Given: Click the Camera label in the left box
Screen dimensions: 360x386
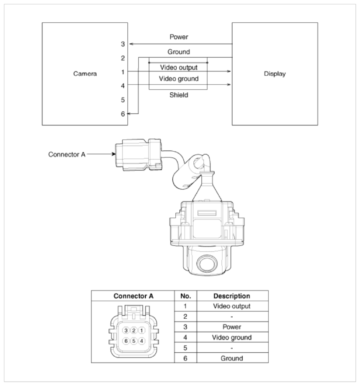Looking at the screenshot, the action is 85,73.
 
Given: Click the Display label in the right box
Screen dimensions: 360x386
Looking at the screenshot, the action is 275,74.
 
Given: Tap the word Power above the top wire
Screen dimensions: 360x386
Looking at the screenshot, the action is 178,37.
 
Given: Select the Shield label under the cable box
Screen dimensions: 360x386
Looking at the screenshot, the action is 178,95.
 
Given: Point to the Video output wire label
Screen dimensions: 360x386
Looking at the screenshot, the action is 178,67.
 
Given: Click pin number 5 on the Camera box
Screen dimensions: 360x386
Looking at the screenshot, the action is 123,100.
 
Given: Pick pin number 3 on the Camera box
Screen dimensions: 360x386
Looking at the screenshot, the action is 123,44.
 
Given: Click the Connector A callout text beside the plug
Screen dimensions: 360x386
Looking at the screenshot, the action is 67,154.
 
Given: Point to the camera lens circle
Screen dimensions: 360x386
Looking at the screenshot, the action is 207,264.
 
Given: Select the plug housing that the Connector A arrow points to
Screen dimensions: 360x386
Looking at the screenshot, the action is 138,155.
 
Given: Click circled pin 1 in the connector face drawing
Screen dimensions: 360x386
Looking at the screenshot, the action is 141,330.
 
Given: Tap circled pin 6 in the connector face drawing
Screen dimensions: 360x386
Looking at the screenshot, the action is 126,341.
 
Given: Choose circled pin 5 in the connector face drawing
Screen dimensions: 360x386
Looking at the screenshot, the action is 134,341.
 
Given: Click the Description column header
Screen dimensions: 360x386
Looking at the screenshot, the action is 232,296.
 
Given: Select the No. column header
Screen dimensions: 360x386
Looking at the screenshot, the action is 185,296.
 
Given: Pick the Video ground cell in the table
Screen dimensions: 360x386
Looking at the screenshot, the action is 232,337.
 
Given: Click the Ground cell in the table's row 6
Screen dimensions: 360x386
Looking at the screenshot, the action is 232,358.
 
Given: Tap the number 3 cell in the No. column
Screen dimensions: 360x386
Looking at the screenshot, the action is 185,327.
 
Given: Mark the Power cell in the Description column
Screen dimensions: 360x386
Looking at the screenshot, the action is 232,327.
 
